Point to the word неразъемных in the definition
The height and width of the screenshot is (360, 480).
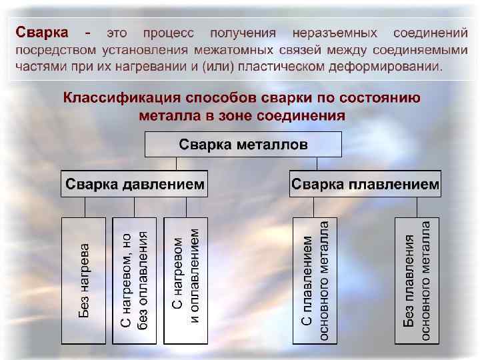point(335,33)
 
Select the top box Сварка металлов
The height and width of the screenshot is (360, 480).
point(243,144)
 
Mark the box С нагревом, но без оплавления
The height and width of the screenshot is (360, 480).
point(135,280)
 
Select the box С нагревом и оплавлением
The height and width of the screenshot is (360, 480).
point(185,280)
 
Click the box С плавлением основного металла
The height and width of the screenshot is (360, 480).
point(315,280)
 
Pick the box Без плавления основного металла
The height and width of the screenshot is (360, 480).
point(417,280)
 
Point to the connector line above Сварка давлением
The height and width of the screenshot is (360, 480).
point(176,164)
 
